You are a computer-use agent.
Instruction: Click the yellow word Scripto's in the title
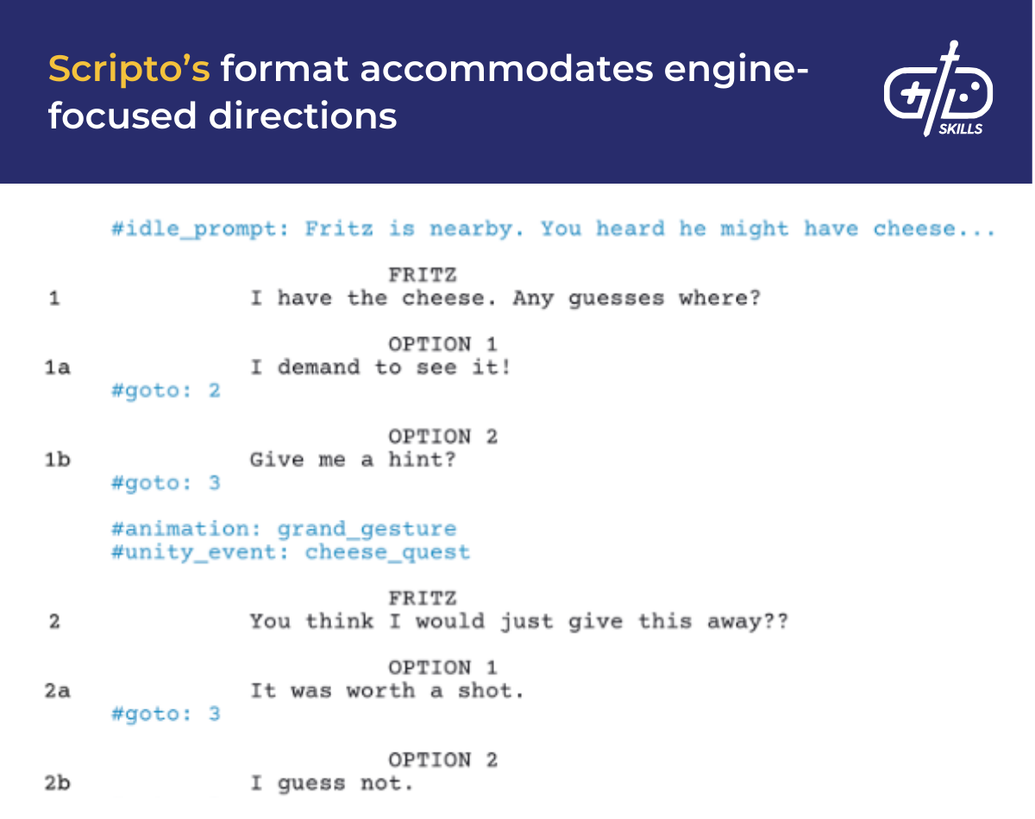tap(129, 69)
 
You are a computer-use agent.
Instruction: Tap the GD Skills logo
tap(938, 90)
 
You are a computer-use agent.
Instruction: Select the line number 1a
tap(58, 368)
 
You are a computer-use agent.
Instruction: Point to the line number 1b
tap(58, 460)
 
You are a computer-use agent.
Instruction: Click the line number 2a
tap(58, 691)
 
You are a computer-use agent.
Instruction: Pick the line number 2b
tap(58, 784)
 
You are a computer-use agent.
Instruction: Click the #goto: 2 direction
tap(166, 391)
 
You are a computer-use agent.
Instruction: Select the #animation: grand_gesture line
tap(284, 528)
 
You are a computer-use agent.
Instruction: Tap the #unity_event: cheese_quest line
tap(291, 552)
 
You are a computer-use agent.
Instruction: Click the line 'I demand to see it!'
tap(380, 368)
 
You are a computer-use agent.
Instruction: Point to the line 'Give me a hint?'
tap(353, 460)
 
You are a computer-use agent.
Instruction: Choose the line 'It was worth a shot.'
tap(386, 691)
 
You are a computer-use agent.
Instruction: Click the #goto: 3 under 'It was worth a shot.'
tap(166, 714)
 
